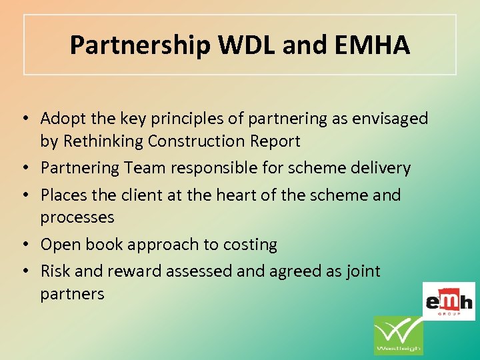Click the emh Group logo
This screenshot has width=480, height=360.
click(x=449, y=301)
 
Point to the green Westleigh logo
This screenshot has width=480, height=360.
click(x=398, y=335)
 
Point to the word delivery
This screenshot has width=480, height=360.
click(x=381, y=168)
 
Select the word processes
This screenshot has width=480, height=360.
click(x=77, y=217)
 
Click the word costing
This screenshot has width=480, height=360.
click(x=250, y=245)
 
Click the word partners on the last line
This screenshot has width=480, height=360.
click(x=73, y=294)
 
